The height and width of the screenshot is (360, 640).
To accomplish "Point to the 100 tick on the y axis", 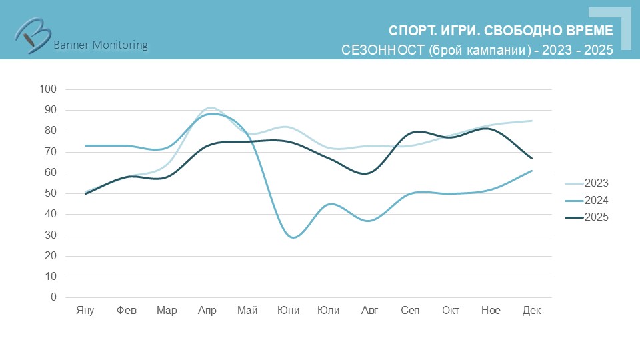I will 49,89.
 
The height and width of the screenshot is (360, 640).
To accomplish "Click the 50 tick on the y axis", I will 51,193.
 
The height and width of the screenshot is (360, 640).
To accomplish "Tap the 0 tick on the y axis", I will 54,297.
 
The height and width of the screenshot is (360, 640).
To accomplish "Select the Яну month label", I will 85,311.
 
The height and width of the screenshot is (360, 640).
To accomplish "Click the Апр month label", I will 207,311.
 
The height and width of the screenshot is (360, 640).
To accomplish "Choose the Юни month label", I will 288,311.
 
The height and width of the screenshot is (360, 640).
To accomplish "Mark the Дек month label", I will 531,311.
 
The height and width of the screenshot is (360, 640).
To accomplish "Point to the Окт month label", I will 451,311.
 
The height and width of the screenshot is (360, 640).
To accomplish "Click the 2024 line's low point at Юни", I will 293,237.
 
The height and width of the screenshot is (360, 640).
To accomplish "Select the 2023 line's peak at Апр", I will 210,107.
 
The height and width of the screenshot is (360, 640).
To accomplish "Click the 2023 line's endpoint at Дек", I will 531,121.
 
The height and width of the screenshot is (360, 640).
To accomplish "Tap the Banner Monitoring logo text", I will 100,45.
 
